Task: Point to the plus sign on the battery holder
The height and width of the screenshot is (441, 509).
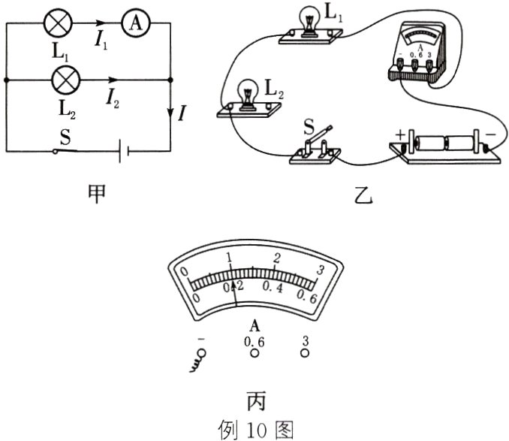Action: (x=399, y=134)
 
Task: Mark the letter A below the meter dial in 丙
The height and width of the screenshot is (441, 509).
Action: (x=255, y=325)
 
